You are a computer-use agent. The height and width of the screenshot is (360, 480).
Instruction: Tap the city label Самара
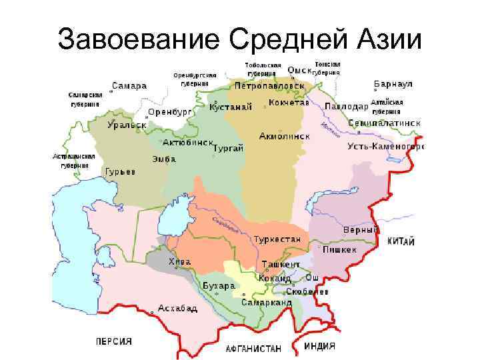129,86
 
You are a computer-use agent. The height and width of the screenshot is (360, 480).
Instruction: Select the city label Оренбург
169,112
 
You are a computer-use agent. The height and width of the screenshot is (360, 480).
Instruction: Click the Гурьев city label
120,172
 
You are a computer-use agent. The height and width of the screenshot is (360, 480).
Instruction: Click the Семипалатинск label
384,123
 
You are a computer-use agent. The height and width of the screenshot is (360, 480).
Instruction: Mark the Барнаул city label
393,85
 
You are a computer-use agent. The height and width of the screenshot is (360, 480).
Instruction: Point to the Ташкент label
281,264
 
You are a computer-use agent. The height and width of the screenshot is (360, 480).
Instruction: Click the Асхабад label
177,309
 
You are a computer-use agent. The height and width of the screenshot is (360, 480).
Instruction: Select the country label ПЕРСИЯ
113,341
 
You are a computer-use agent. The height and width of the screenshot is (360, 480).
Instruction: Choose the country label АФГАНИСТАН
253,349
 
